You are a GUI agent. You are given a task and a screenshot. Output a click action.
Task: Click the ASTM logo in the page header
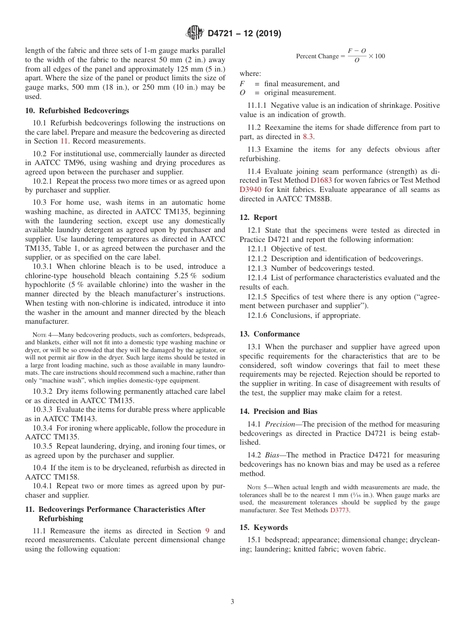coord(195,33)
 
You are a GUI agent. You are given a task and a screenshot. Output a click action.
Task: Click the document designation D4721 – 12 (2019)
coord(244,33)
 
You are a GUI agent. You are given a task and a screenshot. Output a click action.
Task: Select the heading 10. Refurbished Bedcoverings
coord(77,111)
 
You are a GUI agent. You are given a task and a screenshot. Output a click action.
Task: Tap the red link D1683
coord(321,180)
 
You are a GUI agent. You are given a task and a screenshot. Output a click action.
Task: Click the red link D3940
coord(251,190)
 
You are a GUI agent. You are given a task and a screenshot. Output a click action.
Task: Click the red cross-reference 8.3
coord(308,137)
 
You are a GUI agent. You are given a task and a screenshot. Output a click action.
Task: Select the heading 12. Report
coord(258,217)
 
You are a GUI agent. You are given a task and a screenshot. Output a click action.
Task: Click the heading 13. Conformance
coord(270,334)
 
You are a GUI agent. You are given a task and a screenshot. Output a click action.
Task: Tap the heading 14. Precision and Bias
coord(279,411)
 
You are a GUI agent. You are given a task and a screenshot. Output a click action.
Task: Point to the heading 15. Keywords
coord(264,527)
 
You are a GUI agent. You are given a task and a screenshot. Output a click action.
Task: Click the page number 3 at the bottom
coord(232,602)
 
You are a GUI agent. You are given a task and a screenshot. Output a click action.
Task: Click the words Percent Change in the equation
coord(317,56)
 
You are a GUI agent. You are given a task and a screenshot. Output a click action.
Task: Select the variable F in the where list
coord(242,84)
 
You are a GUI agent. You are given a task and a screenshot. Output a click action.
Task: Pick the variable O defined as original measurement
coord(242,93)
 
